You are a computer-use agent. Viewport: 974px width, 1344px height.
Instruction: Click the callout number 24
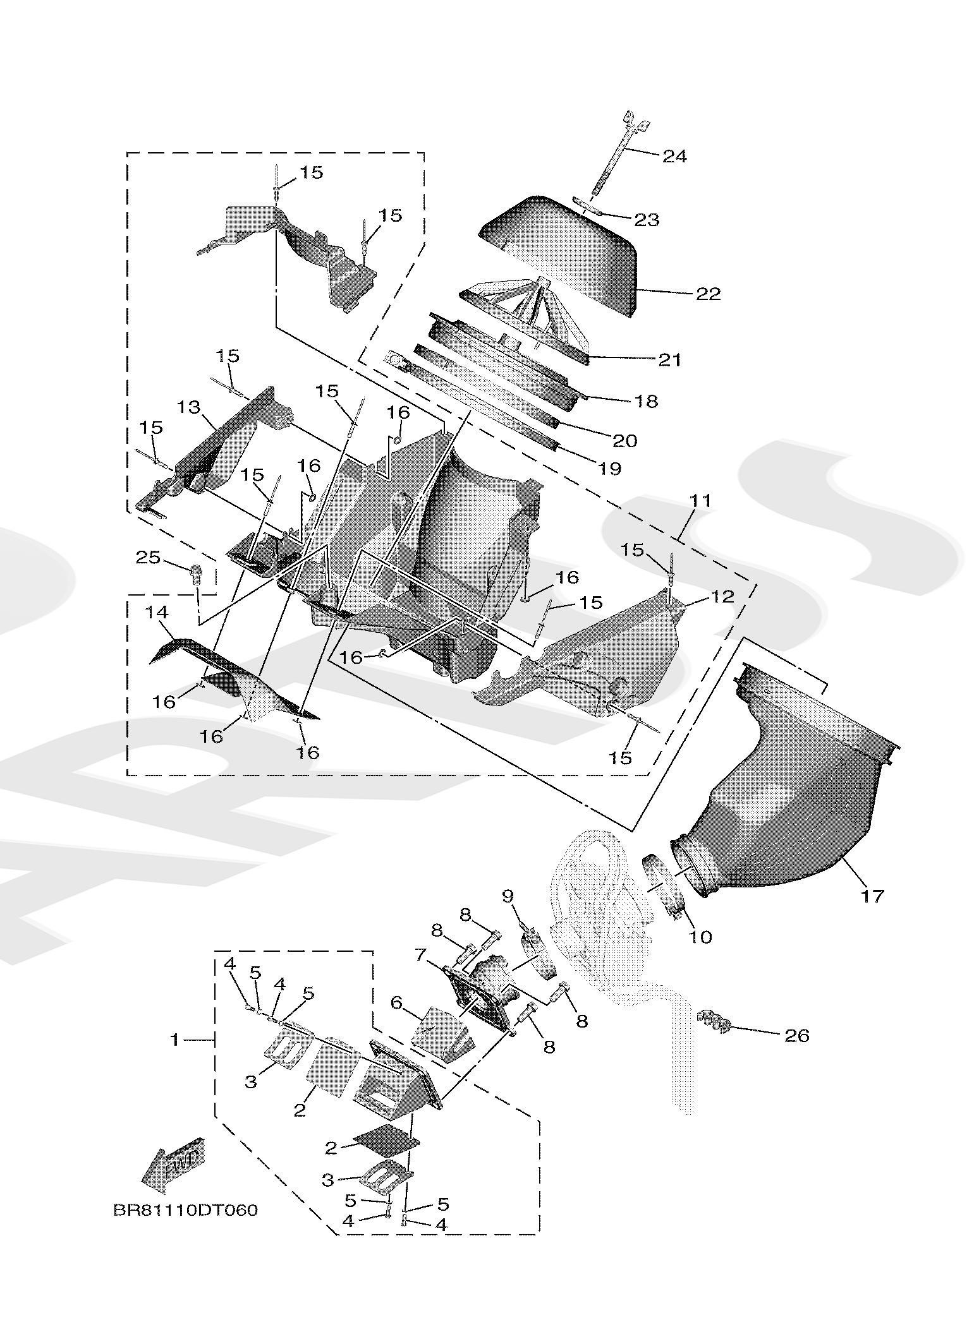674,156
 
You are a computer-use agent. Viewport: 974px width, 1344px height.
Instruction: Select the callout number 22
708,294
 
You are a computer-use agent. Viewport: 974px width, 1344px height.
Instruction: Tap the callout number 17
872,895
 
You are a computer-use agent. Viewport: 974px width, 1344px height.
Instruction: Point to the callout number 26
796,1035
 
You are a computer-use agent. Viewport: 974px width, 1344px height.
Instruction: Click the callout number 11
700,501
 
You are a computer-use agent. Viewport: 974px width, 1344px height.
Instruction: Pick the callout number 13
189,407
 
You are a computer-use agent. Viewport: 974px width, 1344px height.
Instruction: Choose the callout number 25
148,557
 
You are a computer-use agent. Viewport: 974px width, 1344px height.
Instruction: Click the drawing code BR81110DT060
186,1210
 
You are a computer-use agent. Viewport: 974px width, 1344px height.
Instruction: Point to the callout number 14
157,612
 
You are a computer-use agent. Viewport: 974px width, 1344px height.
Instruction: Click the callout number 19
611,468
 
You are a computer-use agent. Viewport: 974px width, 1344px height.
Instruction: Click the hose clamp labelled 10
660,887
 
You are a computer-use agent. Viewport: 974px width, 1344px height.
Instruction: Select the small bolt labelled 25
197,573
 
